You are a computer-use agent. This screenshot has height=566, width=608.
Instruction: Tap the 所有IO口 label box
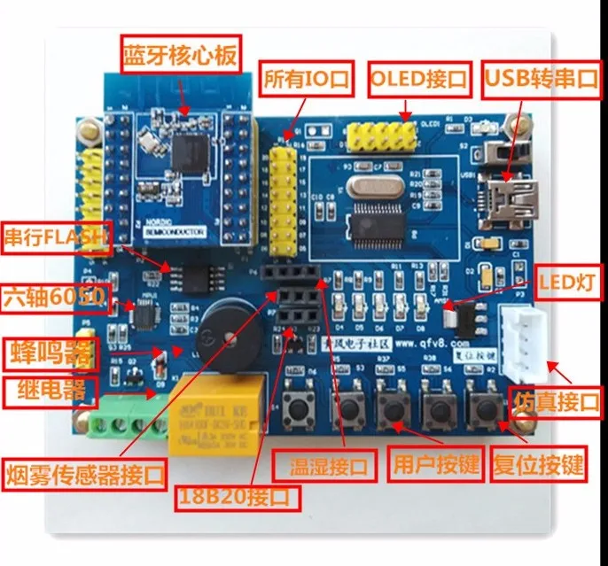click(x=307, y=78)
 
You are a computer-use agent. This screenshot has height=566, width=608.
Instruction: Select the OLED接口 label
click(x=417, y=78)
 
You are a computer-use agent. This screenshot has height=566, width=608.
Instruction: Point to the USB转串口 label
click(x=541, y=78)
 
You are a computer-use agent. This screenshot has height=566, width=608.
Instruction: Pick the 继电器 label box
click(x=46, y=391)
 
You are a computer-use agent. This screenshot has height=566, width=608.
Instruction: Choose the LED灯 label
click(x=565, y=283)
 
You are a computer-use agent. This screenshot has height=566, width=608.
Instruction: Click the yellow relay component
click(x=216, y=409)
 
